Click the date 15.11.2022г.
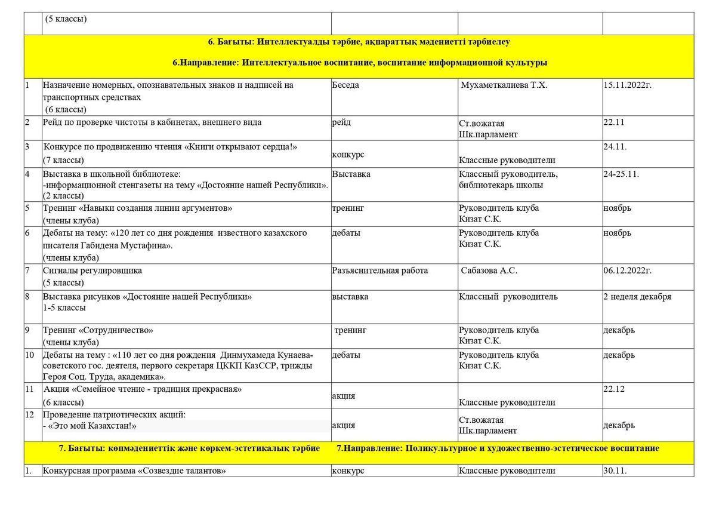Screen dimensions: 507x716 point(627,85)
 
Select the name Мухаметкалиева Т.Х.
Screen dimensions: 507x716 point(504,85)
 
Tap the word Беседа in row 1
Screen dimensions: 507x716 point(345,85)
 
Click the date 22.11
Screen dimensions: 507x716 point(614,122)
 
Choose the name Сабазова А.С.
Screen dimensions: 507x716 point(489,271)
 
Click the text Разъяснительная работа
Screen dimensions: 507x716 point(379,271)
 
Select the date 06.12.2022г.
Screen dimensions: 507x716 point(627,271)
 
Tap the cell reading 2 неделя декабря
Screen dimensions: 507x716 point(637,297)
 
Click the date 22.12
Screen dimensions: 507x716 point(614,389)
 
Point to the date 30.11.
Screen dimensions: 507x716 point(615,471)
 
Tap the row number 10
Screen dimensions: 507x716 point(30,355)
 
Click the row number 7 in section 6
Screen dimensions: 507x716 point(27,271)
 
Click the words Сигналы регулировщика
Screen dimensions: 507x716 point(92,271)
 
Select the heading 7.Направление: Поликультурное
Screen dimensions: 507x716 point(498,448)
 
